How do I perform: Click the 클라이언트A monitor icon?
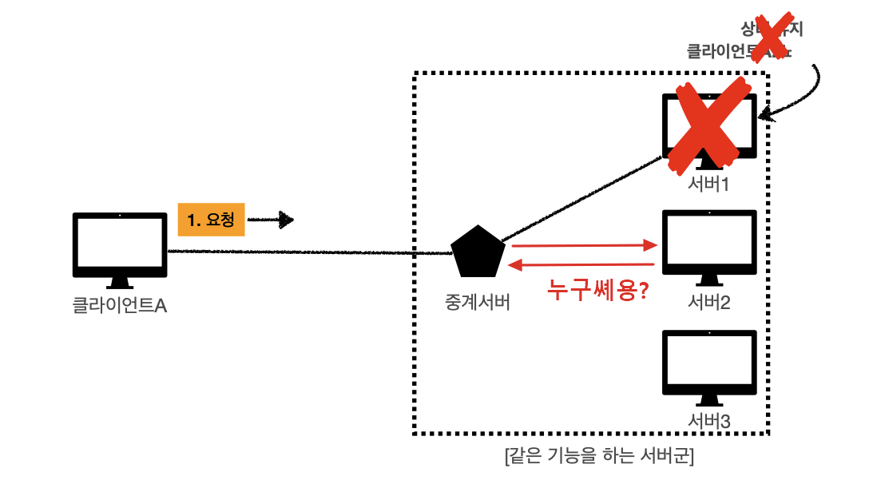coord(119,243)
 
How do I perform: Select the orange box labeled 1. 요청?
coord(211,219)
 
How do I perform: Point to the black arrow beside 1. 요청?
coord(271,220)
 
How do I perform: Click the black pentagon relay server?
coord(478,251)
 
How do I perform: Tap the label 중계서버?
coord(477,303)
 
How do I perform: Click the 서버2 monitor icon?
coord(710,240)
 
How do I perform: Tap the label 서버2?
coord(710,303)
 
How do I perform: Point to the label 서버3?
coord(710,420)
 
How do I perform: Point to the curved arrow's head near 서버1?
coord(764,117)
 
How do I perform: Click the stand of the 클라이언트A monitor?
coord(119,282)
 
